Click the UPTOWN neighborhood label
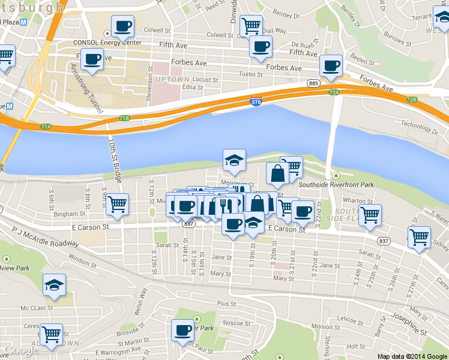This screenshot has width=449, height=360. coord(172,79)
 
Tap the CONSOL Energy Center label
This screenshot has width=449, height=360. coord(107,43)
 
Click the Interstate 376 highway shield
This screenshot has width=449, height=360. coord(256,103)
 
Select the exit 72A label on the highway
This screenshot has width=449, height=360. coord(334,92)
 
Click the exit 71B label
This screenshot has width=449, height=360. coord(124,118)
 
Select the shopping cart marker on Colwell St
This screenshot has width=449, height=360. coord(250,26)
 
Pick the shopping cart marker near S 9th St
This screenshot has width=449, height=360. coord(117,204)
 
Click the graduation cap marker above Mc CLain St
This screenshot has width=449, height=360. coord(55,285)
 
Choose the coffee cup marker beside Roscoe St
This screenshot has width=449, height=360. coord(182,329)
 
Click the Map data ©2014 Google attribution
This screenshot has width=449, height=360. coord(412,356)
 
